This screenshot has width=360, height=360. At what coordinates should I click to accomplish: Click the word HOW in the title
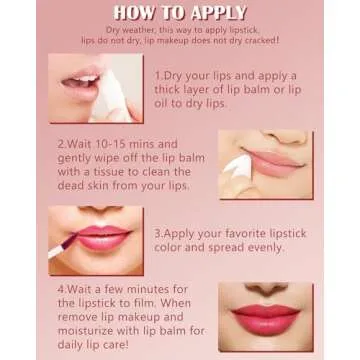pos(134,13)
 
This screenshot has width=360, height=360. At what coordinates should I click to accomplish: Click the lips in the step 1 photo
pos(80,82)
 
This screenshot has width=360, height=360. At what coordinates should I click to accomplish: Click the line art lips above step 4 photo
pos(266,288)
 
